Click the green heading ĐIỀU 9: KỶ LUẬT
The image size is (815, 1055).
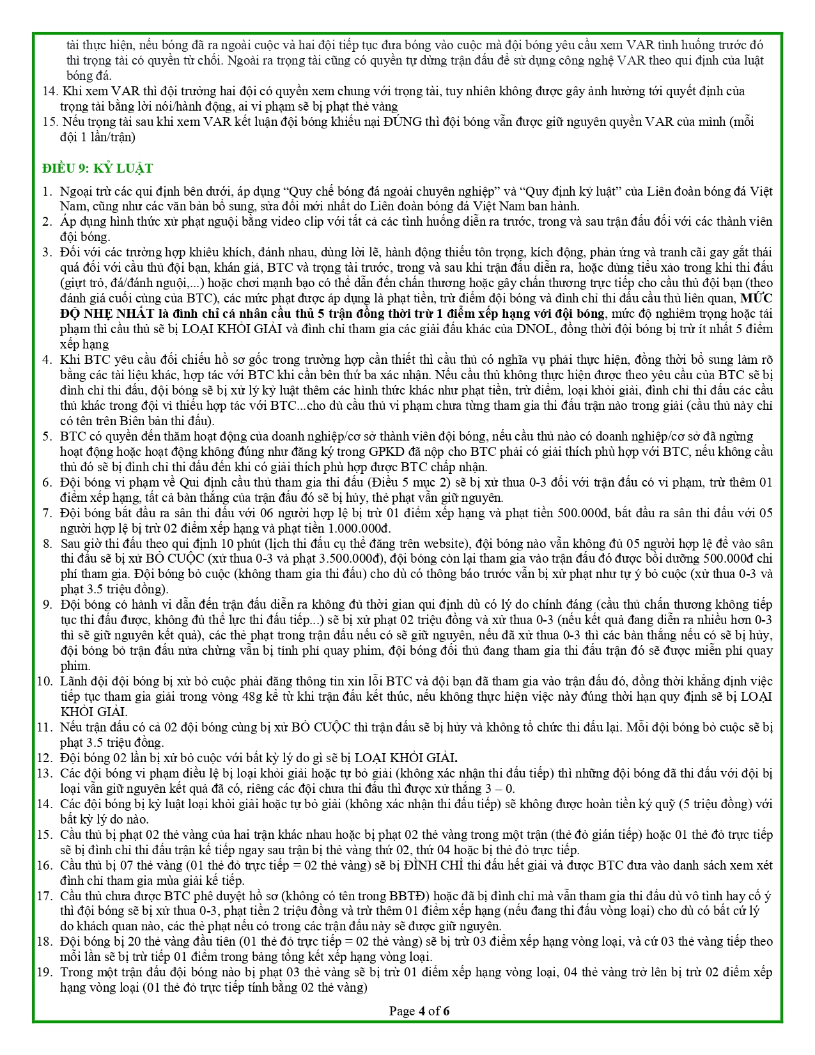[x=98, y=168]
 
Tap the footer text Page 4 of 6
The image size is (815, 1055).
[x=419, y=1011]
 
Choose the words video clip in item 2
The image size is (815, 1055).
[x=303, y=222]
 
